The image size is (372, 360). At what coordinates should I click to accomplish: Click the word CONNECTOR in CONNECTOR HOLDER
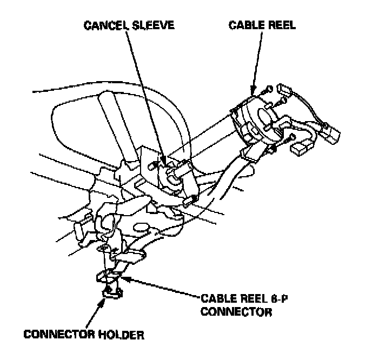coord(55,335)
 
